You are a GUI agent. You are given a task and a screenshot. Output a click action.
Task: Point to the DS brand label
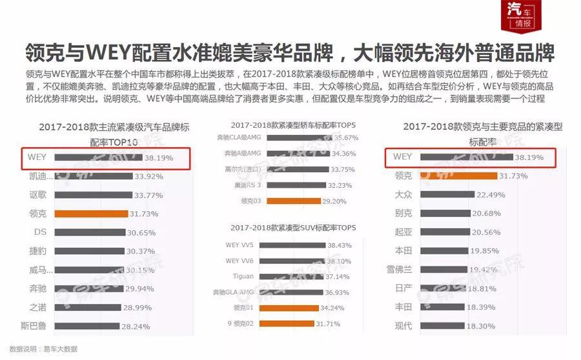(40, 232)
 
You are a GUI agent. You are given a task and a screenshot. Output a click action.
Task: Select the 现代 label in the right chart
(403, 326)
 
